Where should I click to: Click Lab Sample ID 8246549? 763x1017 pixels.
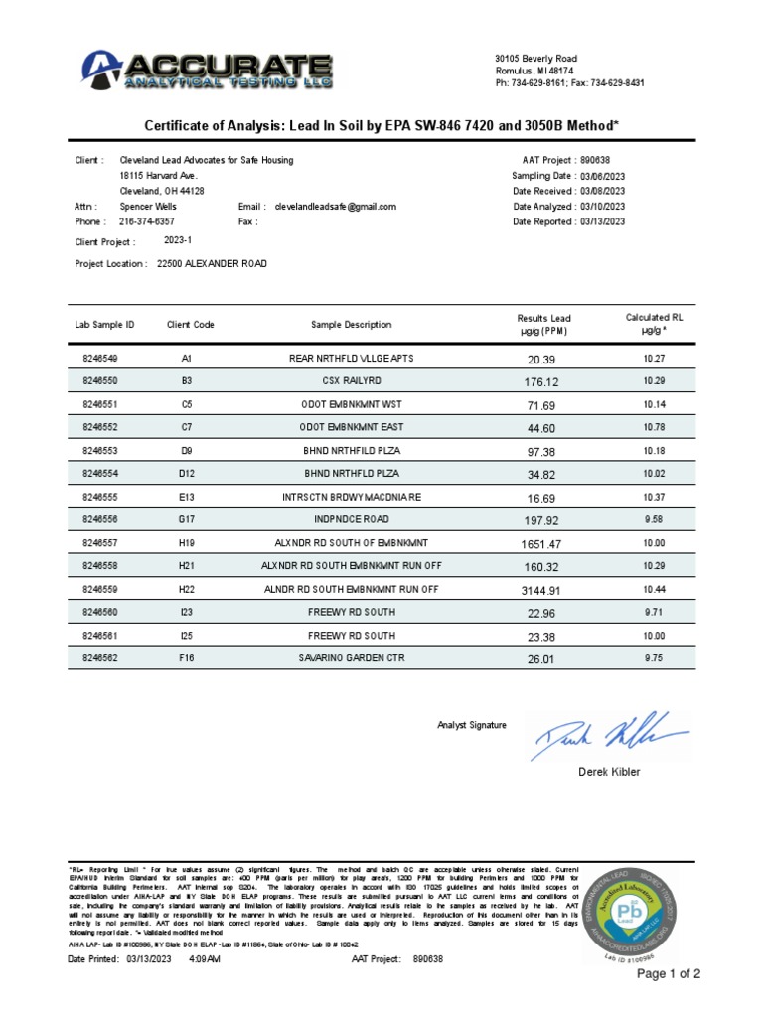point(99,358)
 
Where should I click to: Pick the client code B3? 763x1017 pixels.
point(186,380)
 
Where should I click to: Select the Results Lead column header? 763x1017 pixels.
point(543,324)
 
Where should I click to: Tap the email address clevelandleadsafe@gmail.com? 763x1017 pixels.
point(335,207)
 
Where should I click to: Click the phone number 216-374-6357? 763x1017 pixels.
point(147,221)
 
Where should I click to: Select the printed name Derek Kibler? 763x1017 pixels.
point(609,772)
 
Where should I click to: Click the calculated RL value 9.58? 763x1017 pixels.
point(653,518)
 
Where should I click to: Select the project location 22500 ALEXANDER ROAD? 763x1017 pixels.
point(212,264)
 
